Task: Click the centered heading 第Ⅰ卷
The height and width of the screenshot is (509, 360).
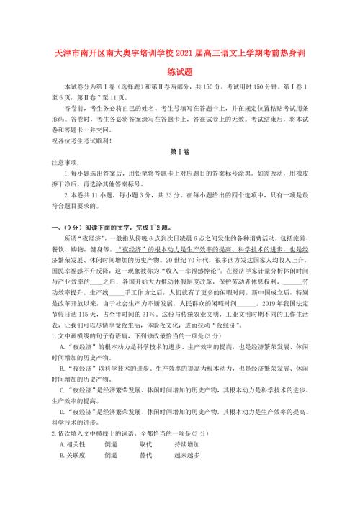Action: point(179,153)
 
